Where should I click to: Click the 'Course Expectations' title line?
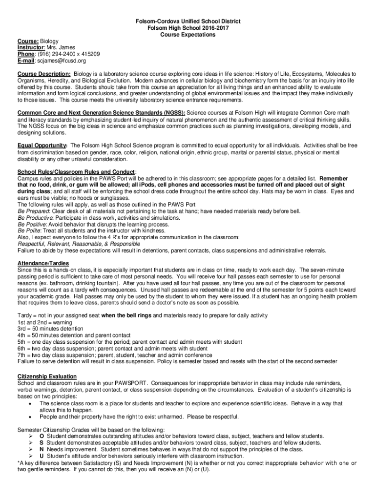click(188, 35)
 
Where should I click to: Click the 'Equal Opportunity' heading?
click(42, 146)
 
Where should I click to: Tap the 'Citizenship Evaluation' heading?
click(47, 376)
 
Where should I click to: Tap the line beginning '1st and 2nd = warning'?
click(44, 323)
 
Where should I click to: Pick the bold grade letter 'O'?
click(42, 436)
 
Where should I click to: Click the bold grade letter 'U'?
click(42, 456)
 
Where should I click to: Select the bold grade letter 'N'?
click(42, 449)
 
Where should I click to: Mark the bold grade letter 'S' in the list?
click(42, 443)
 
